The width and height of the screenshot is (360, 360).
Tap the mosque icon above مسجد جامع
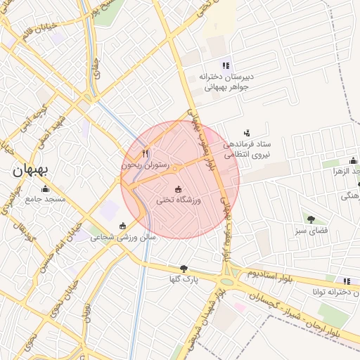(x=46, y=188)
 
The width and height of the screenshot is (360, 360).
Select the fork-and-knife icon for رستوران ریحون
(x=146, y=153)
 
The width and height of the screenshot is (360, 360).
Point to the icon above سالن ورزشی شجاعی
(x=124, y=226)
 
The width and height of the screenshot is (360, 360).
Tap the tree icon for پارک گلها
(x=184, y=269)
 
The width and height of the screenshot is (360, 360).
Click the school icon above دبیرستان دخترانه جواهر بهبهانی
(x=226, y=65)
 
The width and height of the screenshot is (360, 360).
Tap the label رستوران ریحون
(x=145, y=165)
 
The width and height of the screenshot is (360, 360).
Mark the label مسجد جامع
(x=46, y=200)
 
